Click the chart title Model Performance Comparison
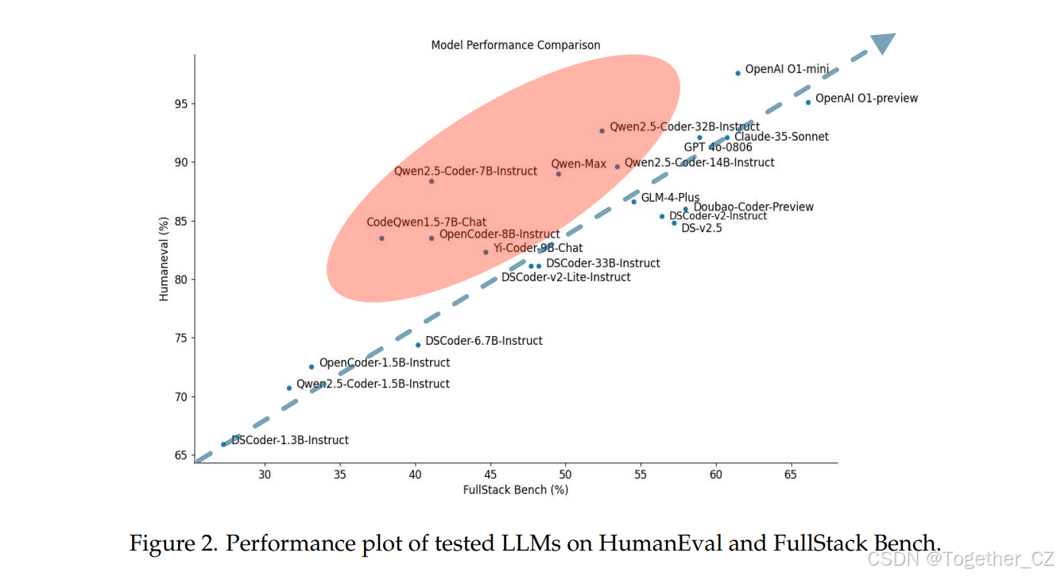[x=515, y=45]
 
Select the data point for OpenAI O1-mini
[x=738, y=73]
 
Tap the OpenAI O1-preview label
[x=866, y=99]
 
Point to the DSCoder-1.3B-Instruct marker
[x=223, y=444]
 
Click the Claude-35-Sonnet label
[x=781, y=137]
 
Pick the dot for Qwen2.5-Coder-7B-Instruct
[x=432, y=181]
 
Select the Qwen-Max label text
[x=579, y=164]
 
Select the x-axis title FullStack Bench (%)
[x=515, y=490]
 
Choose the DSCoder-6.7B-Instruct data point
[x=418, y=345]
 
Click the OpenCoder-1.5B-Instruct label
[x=384, y=363]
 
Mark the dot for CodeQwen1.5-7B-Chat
[x=381, y=238]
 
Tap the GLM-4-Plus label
[x=670, y=198]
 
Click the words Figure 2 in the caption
[x=172, y=544]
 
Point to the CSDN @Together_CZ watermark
[x=961, y=559]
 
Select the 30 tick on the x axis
[x=265, y=475]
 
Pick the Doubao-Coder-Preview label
[x=753, y=207]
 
